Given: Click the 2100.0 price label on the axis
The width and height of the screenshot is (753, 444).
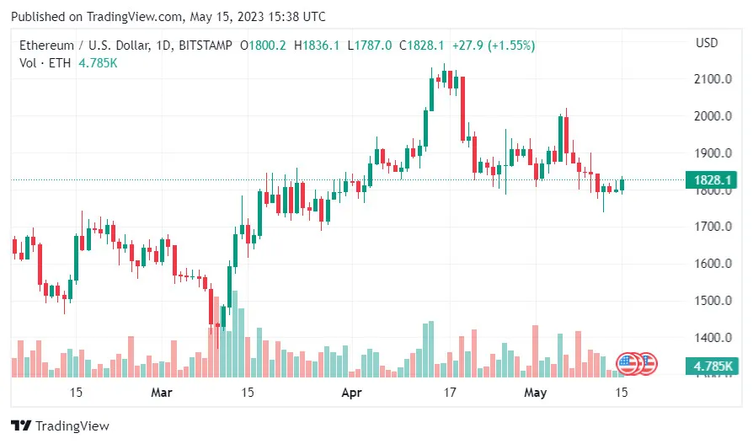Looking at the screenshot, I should pos(713,79).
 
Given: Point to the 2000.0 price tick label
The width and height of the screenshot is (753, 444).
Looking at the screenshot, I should pos(713,116).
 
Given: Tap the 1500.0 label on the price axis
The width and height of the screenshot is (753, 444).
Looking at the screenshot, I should pos(713,301).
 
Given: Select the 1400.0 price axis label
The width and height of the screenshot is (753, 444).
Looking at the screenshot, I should pos(713,338).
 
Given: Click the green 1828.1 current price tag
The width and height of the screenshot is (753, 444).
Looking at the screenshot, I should pos(713,179).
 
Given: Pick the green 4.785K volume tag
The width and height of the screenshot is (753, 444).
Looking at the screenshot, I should pos(713,366).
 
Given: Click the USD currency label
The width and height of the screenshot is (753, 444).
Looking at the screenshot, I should pos(707,43).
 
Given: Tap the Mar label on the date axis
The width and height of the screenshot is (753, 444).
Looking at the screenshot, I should pos(162,393).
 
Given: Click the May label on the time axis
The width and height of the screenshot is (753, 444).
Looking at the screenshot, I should pos(536,393).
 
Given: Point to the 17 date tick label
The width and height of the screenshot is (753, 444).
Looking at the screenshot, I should pos(450,393).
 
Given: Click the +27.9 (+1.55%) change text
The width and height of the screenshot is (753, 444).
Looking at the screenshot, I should pos(493,45).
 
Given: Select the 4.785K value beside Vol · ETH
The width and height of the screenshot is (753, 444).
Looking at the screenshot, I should pos(98,63).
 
